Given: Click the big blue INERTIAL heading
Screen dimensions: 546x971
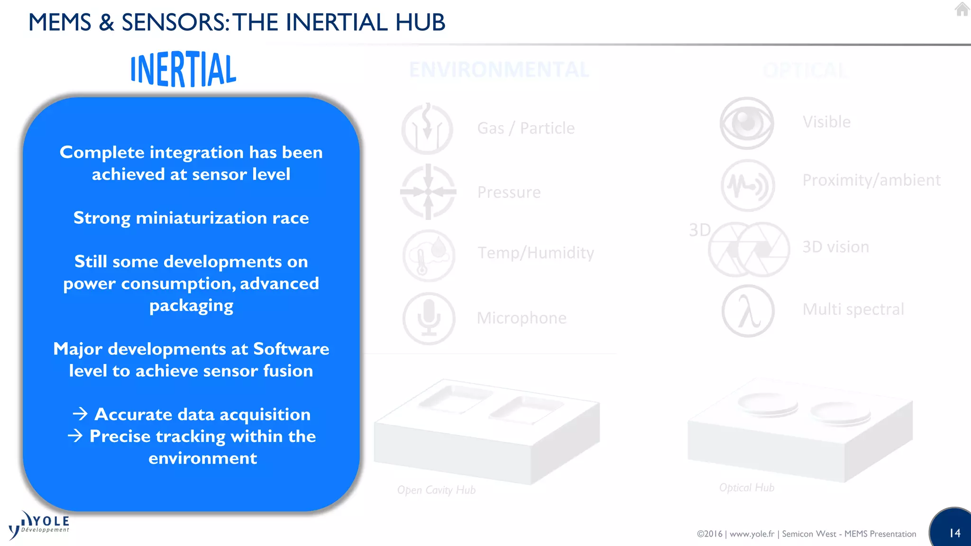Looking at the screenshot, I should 183,70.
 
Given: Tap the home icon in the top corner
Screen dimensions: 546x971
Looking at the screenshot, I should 962,9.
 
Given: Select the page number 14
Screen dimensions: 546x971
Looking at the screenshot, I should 954,533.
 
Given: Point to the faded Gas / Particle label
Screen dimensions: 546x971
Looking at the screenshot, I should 526,128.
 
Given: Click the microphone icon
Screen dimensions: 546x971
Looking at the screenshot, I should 429,318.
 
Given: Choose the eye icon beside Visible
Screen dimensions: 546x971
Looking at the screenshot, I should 747,123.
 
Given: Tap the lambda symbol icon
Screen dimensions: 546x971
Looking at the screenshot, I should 748,311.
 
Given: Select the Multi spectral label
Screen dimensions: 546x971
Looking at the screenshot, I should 853,309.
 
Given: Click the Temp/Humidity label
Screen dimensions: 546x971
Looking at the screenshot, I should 536,253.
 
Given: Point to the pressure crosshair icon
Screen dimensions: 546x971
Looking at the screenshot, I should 428,192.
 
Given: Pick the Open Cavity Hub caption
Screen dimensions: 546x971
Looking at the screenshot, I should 436,490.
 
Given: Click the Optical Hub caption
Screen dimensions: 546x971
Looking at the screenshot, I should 747,488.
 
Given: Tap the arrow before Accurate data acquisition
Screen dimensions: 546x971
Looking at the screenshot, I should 80,414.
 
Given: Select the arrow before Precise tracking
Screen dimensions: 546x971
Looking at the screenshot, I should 75,436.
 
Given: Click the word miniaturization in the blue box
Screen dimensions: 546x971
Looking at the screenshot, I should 201,218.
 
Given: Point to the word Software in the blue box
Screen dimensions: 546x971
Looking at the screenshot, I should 291,349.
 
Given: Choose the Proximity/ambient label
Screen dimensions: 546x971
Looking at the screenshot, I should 871,181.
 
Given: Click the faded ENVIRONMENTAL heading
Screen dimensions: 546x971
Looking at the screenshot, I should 499,70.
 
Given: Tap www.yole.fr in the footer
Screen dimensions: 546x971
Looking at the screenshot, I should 751,534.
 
